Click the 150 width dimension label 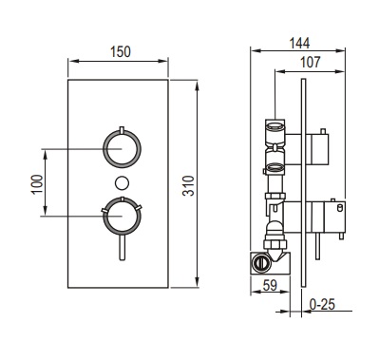pos(121,52)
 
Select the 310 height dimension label pos(188,186)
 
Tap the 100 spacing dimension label pos(37,184)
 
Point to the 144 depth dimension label pos(299,43)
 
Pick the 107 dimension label pos(311,63)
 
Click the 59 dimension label pos(270,285)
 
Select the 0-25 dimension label pos(322,305)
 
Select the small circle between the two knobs pos(122,183)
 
